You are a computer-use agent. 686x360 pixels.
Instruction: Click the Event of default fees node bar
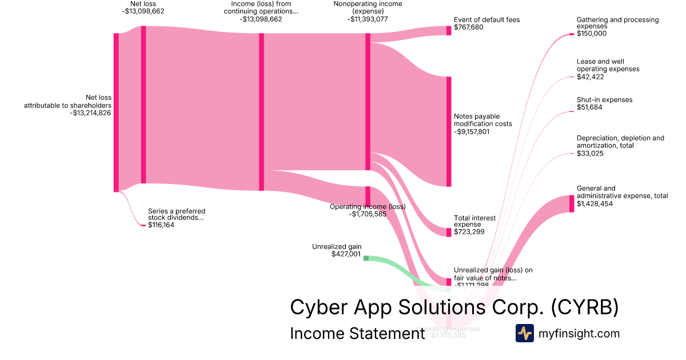(449, 30)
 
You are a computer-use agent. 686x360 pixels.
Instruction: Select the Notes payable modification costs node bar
(449, 131)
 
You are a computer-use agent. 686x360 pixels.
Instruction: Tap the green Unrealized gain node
(366, 258)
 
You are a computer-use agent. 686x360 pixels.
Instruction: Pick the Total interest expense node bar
(449, 233)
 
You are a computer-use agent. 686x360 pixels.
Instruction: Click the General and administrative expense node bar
(572, 203)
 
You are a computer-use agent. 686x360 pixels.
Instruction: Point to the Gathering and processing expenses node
(571, 34)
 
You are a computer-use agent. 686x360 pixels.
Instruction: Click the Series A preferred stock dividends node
(143, 226)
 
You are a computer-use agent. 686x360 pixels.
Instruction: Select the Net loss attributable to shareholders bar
(116, 112)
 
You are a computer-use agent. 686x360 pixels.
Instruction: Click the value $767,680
(468, 27)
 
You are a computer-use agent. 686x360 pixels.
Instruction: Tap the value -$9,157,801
(472, 131)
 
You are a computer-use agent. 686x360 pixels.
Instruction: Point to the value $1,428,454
(595, 203)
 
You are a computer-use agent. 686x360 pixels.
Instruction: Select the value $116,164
(161, 225)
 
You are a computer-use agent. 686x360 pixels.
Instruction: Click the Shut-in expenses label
(604, 100)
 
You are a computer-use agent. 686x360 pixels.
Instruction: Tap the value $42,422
(591, 77)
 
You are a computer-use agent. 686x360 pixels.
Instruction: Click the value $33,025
(591, 153)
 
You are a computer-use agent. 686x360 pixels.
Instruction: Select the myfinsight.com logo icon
(524, 333)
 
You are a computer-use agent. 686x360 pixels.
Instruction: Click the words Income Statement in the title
(357, 333)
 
